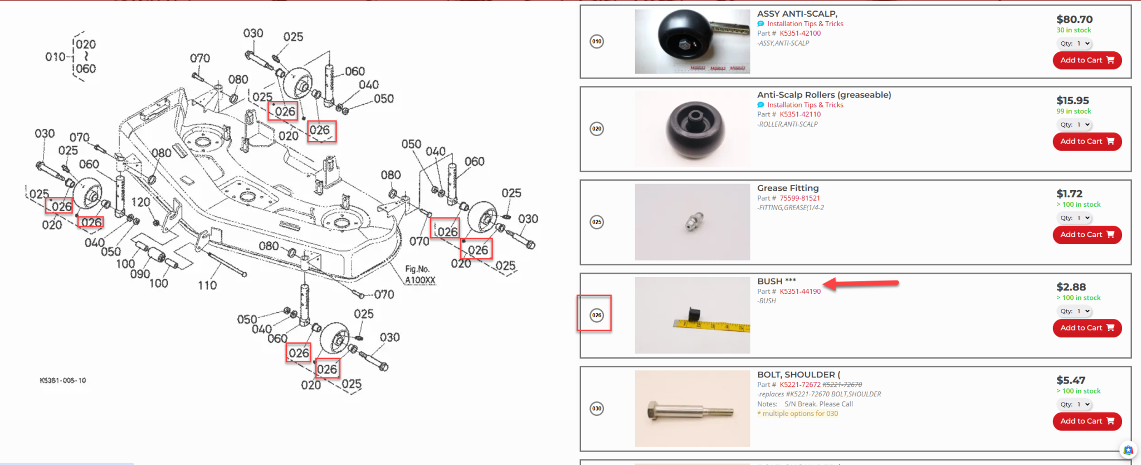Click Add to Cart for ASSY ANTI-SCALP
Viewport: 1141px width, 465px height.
tap(1086, 60)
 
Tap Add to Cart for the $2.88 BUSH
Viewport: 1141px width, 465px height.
tap(1086, 328)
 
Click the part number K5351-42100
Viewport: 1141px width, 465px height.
tap(799, 33)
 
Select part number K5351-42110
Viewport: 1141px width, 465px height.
tap(799, 114)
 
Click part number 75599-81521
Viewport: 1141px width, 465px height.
tap(799, 198)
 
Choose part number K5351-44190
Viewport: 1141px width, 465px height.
tap(799, 292)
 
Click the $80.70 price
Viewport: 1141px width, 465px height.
tap(1074, 20)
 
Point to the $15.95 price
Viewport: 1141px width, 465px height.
tap(1072, 100)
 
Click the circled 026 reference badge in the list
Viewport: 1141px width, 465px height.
tap(597, 315)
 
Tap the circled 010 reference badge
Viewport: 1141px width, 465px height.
tap(597, 41)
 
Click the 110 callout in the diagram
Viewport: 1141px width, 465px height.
tap(207, 285)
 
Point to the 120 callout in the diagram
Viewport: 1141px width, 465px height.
tap(140, 202)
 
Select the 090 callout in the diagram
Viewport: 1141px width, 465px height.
tap(140, 274)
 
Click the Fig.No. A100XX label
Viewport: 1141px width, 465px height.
tap(420, 275)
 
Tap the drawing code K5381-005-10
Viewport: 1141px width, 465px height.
tap(62, 380)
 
